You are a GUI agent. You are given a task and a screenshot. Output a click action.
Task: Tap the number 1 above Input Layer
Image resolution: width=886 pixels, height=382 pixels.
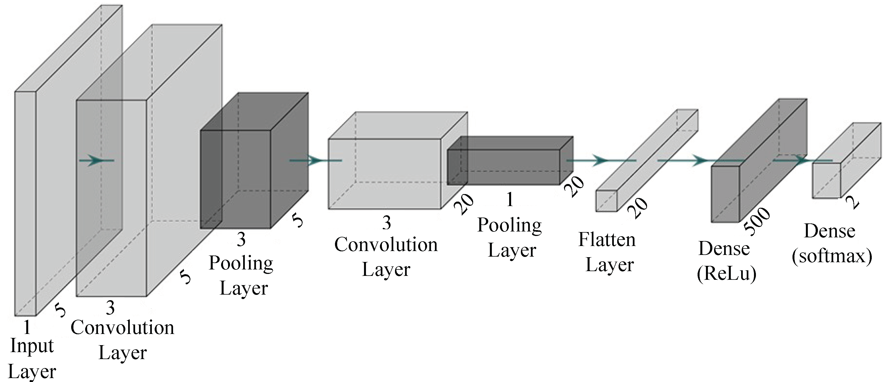tap(27, 327)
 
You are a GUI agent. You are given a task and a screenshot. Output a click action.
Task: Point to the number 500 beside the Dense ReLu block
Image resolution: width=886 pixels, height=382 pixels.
tap(757, 222)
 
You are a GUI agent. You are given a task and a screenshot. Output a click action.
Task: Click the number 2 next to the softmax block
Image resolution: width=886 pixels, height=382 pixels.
tap(852, 202)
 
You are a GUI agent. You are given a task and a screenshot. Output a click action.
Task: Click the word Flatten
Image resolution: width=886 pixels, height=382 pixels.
tap(607, 240)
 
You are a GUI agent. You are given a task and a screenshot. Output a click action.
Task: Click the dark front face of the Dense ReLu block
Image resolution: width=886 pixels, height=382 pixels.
tap(725, 194)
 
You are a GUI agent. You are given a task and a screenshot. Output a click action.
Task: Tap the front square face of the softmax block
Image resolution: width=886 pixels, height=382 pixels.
tap(826, 181)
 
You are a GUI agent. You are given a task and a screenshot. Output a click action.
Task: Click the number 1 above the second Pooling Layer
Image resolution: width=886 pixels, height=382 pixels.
tap(510, 200)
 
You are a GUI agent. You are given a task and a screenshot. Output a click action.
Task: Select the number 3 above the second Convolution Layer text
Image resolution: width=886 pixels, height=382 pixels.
tap(387, 223)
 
